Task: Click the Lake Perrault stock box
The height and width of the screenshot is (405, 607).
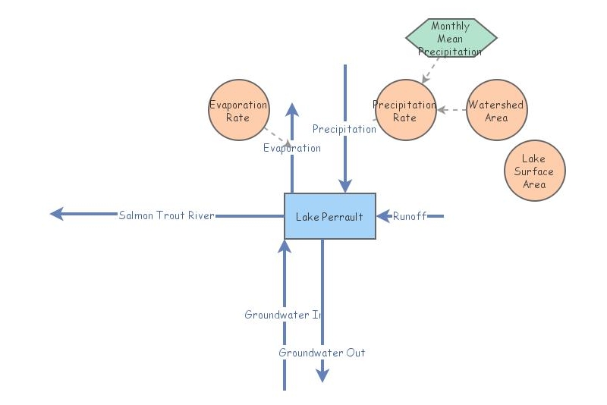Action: tap(329, 216)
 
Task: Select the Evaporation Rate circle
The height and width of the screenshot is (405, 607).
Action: tap(239, 110)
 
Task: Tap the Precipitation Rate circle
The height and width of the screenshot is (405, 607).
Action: tap(406, 110)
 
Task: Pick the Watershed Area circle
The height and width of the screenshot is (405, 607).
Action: tap(496, 110)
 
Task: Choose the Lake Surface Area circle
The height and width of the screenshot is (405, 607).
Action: tap(534, 171)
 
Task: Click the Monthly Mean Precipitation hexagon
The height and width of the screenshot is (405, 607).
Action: tap(451, 38)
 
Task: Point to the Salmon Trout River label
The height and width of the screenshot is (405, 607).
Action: tap(167, 215)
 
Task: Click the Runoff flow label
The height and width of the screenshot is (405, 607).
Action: tap(409, 216)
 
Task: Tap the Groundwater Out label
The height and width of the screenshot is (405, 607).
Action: tap(322, 353)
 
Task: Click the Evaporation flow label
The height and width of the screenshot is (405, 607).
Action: tap(292, 148)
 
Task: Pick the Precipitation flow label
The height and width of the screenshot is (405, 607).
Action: tap(344, 129)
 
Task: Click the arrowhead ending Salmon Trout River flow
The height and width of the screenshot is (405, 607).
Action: tap(56, 215)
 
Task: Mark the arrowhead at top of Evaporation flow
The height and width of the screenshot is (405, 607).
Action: tap(292, 108)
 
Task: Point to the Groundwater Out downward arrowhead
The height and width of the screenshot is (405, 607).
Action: tap(322, 375)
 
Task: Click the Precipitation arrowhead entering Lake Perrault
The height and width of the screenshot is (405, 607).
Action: tap(345, 187)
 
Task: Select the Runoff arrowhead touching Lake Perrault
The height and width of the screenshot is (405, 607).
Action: tap(383, 216)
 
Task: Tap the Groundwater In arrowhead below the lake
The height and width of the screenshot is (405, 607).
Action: tap(285, 246)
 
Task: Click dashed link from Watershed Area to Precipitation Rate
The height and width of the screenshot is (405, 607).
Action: tap(452, 110)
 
